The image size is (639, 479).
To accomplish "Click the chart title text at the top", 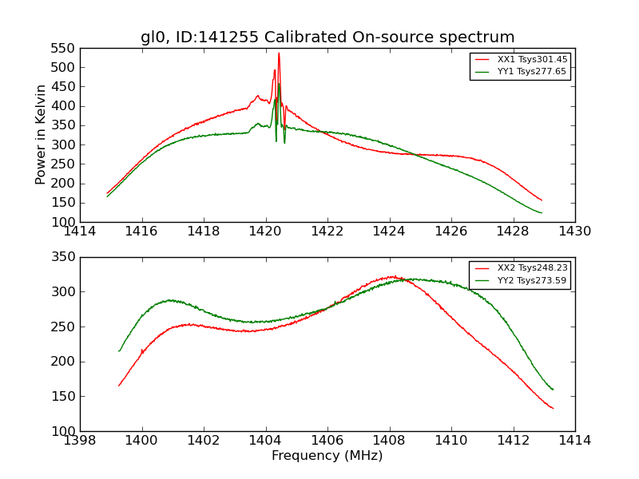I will pos(327,38).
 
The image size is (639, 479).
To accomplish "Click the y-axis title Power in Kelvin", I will pos(41,135).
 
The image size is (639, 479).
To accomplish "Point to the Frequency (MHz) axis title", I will pos(327,456).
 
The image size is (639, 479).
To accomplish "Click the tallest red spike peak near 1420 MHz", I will pos(279,53).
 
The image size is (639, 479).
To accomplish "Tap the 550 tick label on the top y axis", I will pos(64,48).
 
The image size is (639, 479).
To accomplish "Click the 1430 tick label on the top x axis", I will pos(575,232).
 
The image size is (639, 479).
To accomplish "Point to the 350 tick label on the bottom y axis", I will pos(64,257).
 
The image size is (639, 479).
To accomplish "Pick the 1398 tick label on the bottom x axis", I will pos(80,441).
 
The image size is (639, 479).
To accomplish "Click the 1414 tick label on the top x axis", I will pos(80,232).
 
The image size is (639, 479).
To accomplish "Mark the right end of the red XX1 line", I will pos(542,200).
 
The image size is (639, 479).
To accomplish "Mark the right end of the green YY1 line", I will pos(542,213).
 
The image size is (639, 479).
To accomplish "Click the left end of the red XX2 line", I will pos(119,386).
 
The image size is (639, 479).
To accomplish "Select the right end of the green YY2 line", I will pos(553,390).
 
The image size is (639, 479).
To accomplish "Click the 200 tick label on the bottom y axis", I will pos(64,362).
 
